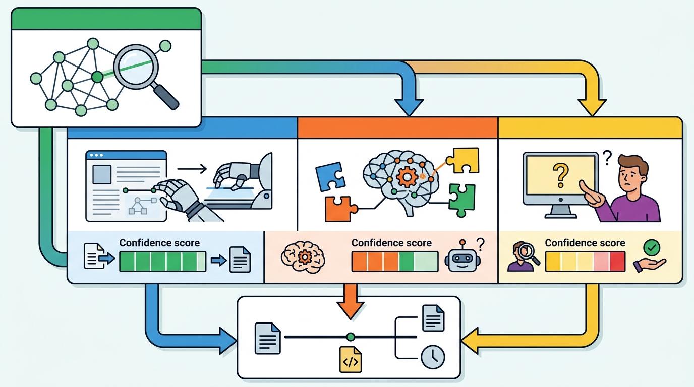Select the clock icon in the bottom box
(433, 357)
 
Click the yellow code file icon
(351, 360)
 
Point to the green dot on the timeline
(351, 337)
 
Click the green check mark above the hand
(652, 247)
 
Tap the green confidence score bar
(162, 262)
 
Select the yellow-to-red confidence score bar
(585, 262)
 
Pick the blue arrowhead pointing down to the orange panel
(409, 106)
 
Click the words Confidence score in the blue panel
(159, 243)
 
